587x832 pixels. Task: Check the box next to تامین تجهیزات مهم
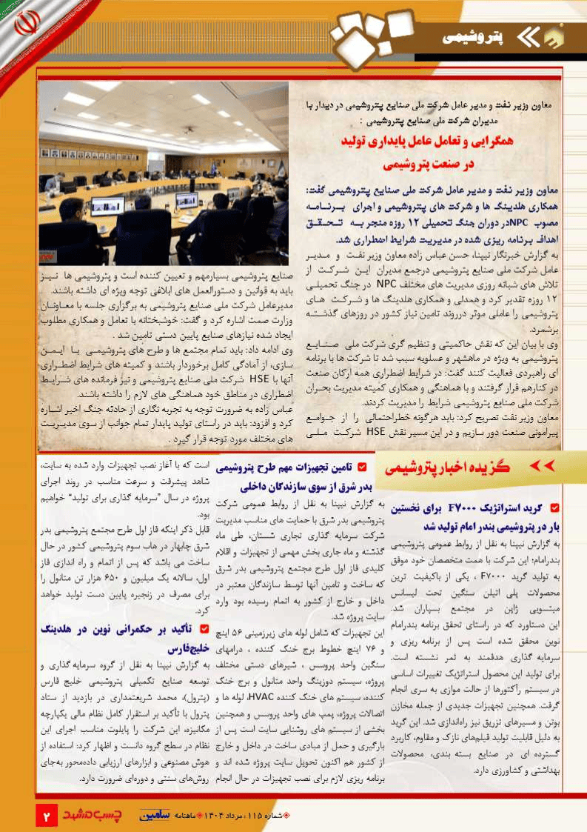(361, 467)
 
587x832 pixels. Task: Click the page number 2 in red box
(47, 816)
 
